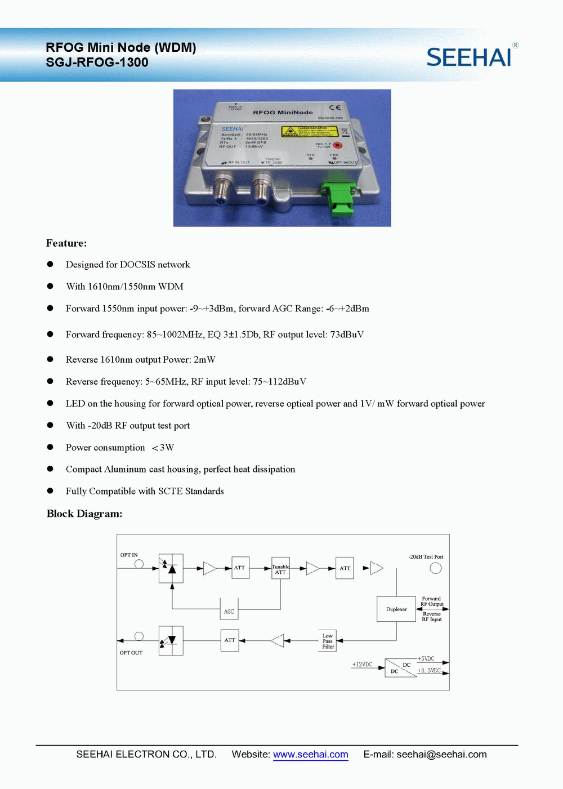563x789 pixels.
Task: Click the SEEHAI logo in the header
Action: point(469,57)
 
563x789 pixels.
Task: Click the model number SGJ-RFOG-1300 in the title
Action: point(97,63)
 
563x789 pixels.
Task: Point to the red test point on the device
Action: point(338,145)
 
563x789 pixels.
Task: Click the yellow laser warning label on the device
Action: point(309,132)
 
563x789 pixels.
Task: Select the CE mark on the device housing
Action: point(334,107)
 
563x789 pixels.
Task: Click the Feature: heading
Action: point(66,243)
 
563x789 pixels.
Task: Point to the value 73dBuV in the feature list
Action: point(347,335)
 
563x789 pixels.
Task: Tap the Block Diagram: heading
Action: point(84,514)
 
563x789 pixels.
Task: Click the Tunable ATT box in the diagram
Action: point(280,569)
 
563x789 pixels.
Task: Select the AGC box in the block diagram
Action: point(229,611)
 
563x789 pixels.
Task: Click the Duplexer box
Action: point(396,609)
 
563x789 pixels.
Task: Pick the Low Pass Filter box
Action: point(328,641)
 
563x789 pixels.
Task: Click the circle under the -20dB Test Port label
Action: point(436,568)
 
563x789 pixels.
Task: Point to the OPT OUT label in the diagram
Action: point(131,653)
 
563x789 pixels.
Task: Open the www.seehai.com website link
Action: point(311,755)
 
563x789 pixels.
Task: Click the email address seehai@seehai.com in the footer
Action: point(441,755)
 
